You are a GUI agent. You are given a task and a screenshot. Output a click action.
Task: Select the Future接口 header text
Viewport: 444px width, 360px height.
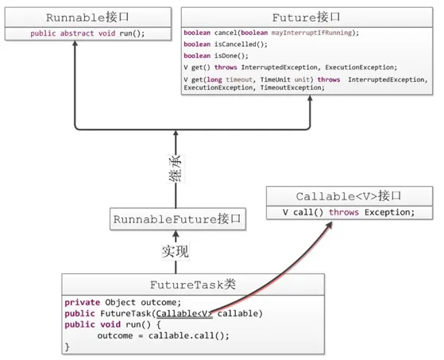click(x=307, y=16)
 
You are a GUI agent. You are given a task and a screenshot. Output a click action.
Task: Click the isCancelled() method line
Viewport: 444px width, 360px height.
click(x=225, y=46)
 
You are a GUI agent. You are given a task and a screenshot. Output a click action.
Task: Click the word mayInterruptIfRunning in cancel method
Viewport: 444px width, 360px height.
click(x=316, y=32)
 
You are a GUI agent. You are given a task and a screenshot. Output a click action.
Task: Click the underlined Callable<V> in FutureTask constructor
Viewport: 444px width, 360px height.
click(x=184, y=313)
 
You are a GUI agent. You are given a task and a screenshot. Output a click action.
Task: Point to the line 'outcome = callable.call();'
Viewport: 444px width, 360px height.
click(x=163, y=336)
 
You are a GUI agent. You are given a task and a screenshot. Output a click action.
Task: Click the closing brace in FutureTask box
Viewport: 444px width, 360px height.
click(x=68, y=347)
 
